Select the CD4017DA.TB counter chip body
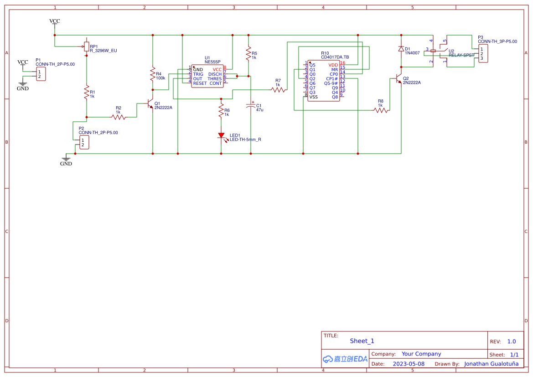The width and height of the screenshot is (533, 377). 323,81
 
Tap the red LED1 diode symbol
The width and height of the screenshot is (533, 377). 221,135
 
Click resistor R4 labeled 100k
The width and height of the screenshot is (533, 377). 153,75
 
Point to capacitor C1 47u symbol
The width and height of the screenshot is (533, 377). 250,106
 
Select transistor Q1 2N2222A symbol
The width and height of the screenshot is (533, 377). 150,104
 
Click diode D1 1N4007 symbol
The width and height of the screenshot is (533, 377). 401,49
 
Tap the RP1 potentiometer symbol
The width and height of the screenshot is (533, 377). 86,46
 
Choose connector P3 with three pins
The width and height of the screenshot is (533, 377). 483,54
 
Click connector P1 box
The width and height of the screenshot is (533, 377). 41,74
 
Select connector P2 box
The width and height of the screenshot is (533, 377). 84,142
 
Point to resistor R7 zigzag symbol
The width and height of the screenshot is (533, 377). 278,90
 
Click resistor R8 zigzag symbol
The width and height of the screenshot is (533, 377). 381,110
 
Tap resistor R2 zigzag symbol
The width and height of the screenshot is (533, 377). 119,117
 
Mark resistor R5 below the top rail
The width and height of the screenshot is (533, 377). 248,53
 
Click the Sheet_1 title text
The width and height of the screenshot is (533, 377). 362,341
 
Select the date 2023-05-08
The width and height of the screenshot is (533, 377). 409,364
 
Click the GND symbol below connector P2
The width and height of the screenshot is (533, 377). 66,160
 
